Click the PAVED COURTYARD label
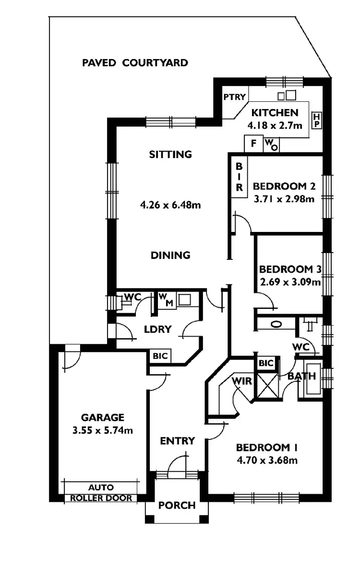(x=135, y=63)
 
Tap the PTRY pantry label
(x=234, y=97)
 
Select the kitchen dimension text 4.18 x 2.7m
(x=275, y=126)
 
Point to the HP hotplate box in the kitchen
(x=316, y=121)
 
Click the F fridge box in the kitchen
(x=253, y=143)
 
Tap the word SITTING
(x=170, y=155)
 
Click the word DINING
(x=170, y=255)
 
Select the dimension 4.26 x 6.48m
(x=170, y=205)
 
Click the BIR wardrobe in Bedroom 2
(x=239, y=176)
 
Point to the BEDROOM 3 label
(x=289, y=269)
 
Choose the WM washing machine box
(x=164, y=300)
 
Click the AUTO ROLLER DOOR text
(x=101, y=493)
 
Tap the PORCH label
(x=177, y=505)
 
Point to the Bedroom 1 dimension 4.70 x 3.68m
(x=267, y=461)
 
